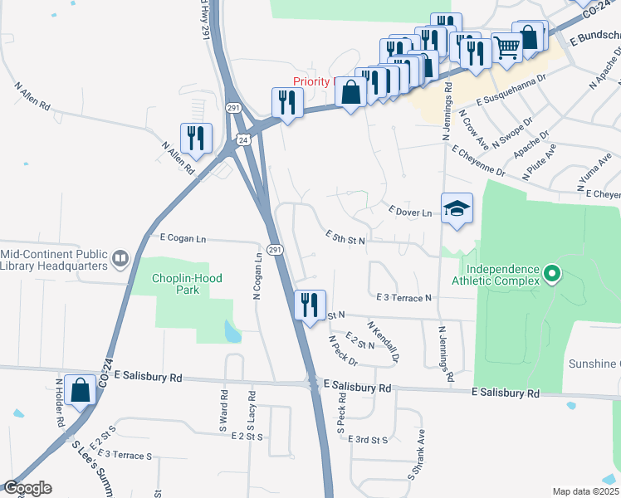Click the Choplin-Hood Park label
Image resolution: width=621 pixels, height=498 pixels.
188,285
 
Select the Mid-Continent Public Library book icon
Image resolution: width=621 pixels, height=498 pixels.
120,260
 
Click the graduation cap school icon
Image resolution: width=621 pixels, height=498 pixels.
457,208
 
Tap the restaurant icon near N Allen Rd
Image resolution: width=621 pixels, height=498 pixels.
197,138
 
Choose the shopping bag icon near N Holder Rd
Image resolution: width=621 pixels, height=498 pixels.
81,389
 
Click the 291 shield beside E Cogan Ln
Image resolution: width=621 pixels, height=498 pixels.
275,250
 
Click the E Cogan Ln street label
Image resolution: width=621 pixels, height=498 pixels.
183,239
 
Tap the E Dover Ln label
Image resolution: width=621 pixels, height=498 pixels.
410,212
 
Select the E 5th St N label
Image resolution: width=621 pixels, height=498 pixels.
345,237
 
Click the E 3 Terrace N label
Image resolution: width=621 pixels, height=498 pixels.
403,297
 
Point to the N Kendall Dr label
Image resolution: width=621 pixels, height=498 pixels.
383,342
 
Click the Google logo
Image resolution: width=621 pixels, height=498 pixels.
27,488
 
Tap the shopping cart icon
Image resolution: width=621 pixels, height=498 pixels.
506,47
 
